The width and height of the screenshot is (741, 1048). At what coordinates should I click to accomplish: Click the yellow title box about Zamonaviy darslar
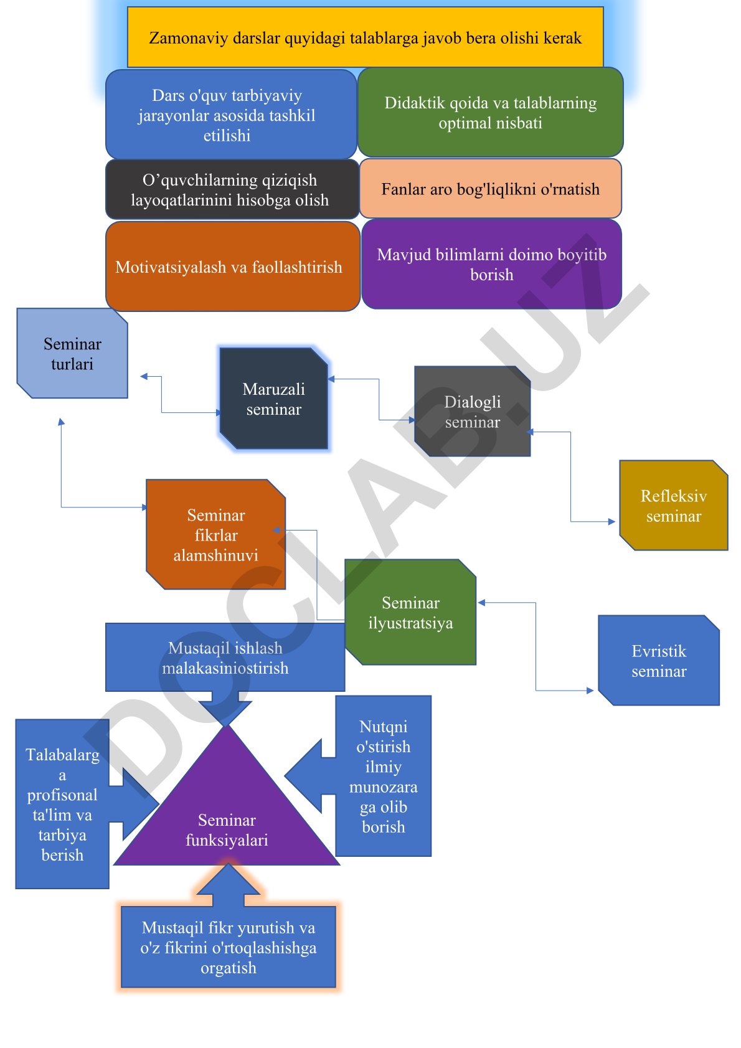coord(365,37)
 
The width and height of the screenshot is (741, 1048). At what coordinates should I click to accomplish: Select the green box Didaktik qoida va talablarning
coord(490,112)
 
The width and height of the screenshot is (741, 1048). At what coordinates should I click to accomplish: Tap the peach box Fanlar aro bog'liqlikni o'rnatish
coord(490,189)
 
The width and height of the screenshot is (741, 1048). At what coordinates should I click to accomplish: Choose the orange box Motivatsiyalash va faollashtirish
coord(232,267)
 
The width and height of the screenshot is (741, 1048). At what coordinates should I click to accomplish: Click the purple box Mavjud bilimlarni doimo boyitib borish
coord(492,265)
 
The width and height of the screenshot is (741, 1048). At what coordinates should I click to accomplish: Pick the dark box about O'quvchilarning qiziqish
coord(232,189)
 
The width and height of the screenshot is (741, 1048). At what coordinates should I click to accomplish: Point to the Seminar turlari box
coord(72,353)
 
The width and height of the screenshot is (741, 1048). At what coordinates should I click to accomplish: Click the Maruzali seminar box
coord(273,399)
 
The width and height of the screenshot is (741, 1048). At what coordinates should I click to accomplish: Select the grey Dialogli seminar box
coord(473,411)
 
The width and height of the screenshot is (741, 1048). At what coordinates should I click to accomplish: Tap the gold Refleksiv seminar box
coord(674,505)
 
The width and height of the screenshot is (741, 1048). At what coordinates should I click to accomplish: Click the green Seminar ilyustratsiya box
coord(411,613)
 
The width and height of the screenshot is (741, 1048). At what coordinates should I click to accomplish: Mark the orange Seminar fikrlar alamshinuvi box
coord(215,534)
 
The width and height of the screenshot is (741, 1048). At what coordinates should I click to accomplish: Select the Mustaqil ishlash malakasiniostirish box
coord(225,658)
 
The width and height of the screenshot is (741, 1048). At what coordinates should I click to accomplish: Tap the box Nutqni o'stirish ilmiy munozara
coord(383,776)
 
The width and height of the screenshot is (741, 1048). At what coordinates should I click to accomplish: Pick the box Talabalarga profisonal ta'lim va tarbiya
coord(62,805)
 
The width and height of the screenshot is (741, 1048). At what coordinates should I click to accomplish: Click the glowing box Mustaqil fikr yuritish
coord(229,947)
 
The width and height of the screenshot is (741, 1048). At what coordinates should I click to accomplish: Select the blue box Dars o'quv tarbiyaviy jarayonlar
coord(231,114)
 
